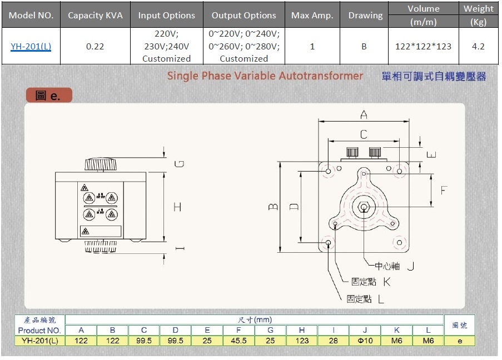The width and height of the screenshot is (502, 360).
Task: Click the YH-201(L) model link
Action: coord(31,47)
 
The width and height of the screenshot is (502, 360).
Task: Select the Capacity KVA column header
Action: coord(95,16)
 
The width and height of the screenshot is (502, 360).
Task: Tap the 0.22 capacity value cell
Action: coord(95,47)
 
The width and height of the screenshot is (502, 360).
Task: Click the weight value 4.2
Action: coord(478,47)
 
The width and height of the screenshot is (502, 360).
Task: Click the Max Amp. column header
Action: coord(312,16)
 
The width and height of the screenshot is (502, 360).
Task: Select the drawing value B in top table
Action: coord(364,47)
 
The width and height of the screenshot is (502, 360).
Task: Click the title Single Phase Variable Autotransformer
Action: coord(265,76)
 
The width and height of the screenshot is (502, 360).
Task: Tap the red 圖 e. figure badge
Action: coord(48,96)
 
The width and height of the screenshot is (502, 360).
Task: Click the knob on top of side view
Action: coord(101,164)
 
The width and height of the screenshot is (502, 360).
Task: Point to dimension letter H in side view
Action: coord(177,207)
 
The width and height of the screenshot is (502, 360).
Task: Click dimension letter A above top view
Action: coord(364,115)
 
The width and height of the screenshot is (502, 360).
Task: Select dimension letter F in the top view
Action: coord(444,190)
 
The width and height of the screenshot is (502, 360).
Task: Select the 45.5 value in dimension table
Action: coord(238,341)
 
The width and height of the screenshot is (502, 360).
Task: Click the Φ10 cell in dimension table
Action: coord(365,341)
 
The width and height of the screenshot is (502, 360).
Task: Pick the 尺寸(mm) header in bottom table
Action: coord(254,320)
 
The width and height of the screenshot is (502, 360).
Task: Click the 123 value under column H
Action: coord(302,341)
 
